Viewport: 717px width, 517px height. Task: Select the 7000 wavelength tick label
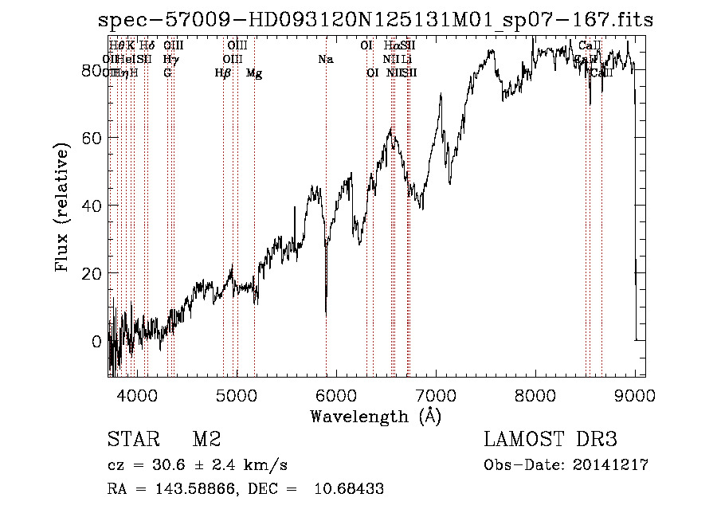coord(436,396)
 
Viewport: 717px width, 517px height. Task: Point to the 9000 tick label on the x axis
coord(635,396)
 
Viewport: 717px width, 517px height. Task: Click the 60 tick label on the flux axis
coord(92,138)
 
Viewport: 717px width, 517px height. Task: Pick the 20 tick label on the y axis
coord(92,273)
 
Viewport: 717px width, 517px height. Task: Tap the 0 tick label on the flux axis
coord(97,341)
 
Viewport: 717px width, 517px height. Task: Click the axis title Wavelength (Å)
coord(375,416)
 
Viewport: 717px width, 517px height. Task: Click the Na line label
coord(325,60)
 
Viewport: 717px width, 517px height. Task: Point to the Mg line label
coord(254,73)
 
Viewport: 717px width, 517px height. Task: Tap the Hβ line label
coord(222,73)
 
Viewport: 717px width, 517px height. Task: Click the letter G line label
coord(167,73)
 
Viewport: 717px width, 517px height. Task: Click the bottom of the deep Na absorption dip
coord(326,315)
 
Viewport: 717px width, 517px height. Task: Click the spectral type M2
coord(206,440)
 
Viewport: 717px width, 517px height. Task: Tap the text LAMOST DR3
coord(550,440)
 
